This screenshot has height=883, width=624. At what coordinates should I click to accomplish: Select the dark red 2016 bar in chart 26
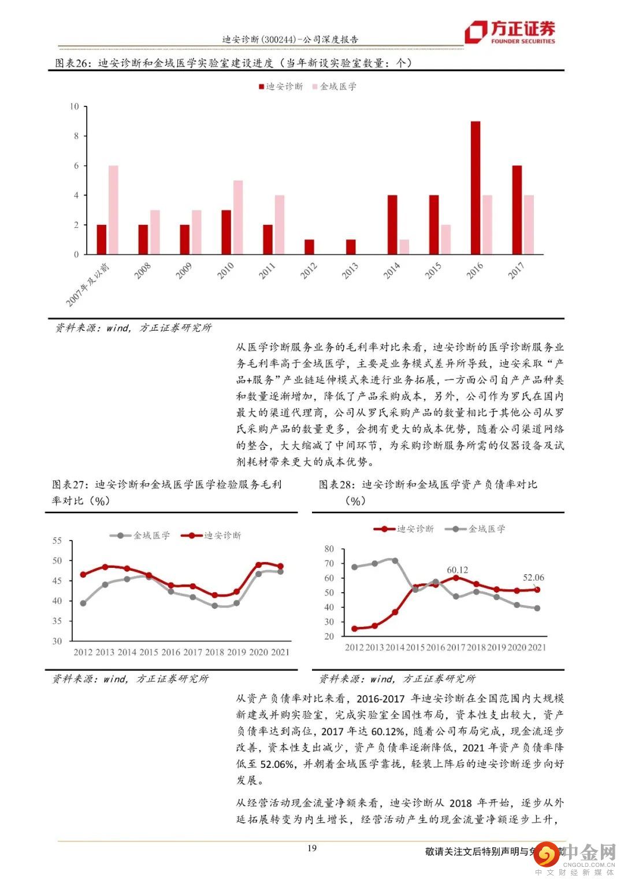[x=476, y=188]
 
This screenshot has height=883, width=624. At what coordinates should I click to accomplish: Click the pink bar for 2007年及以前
[x=113, y=210]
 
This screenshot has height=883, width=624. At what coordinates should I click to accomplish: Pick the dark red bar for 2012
[x=309, y=247]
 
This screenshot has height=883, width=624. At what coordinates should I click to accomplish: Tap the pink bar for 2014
[x=404, y=247]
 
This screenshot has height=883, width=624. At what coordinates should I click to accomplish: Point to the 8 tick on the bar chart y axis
[x=75, y=136]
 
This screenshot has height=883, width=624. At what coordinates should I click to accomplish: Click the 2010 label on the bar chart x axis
[x=226, y=270]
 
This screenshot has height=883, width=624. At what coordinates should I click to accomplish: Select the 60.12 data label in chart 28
[x=457, y=570]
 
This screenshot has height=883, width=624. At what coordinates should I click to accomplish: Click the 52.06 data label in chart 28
[x=533, y=577]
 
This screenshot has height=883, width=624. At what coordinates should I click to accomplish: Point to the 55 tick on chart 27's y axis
[x=57, y=541]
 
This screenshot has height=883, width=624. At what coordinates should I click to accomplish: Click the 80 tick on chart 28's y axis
[x=329, y=549]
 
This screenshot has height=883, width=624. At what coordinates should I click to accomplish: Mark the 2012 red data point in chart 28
[x=354, y=629]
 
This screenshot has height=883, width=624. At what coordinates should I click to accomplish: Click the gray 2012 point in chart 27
[x=83, y=603]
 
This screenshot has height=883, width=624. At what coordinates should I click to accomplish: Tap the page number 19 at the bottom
[x=312, y=848]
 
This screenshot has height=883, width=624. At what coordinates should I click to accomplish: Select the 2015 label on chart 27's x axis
[x=148, y=652]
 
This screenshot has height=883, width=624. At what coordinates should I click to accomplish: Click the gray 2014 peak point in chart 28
[x=395, y=560]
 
